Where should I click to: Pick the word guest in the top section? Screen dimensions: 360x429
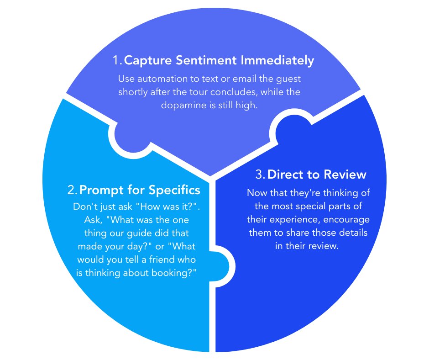[288, 79]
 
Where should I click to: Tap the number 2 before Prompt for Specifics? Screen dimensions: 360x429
[71, 190]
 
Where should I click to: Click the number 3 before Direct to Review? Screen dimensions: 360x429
[260, 175]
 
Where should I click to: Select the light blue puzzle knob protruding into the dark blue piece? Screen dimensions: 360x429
[222, 264]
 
